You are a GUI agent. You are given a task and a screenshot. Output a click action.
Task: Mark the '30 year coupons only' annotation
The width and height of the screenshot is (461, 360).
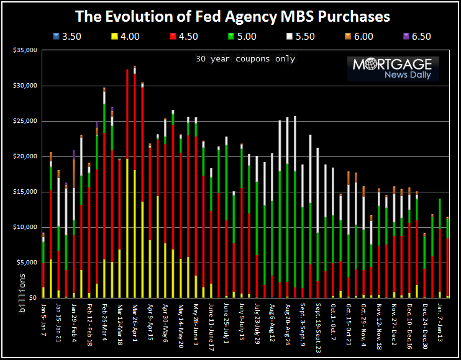click(x=244, y=60)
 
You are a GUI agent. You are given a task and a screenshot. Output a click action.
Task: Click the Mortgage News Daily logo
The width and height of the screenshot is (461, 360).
click(x=393, y=68)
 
